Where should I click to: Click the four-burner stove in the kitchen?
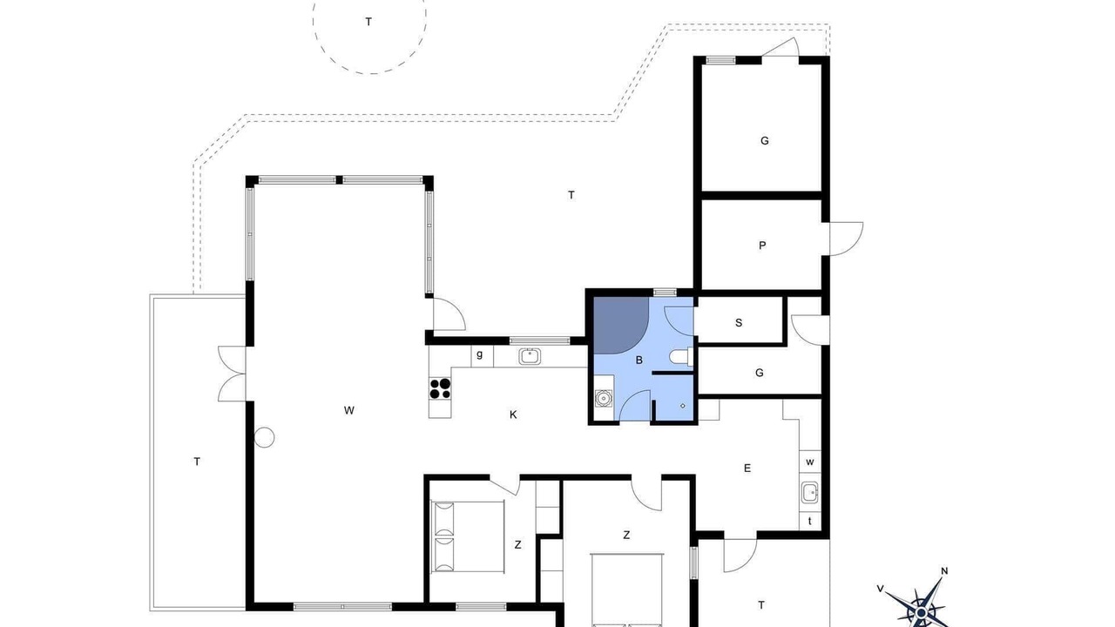440,388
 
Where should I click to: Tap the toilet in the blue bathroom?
681,357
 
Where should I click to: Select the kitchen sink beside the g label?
530,356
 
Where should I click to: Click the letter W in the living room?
349,410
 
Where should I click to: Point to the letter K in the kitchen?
513,415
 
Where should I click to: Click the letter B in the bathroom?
639,361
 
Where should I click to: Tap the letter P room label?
762,246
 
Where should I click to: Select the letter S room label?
739,323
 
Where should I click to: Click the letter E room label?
747,468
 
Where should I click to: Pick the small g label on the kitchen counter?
479,354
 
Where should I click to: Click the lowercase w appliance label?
810,462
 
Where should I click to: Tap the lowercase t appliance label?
810,521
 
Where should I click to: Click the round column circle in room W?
264,437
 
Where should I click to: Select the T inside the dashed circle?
368,22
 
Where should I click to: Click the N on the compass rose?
944,570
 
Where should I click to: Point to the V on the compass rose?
880,590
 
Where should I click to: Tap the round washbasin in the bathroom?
604,398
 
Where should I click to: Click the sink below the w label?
810,493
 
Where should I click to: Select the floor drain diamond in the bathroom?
682,406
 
